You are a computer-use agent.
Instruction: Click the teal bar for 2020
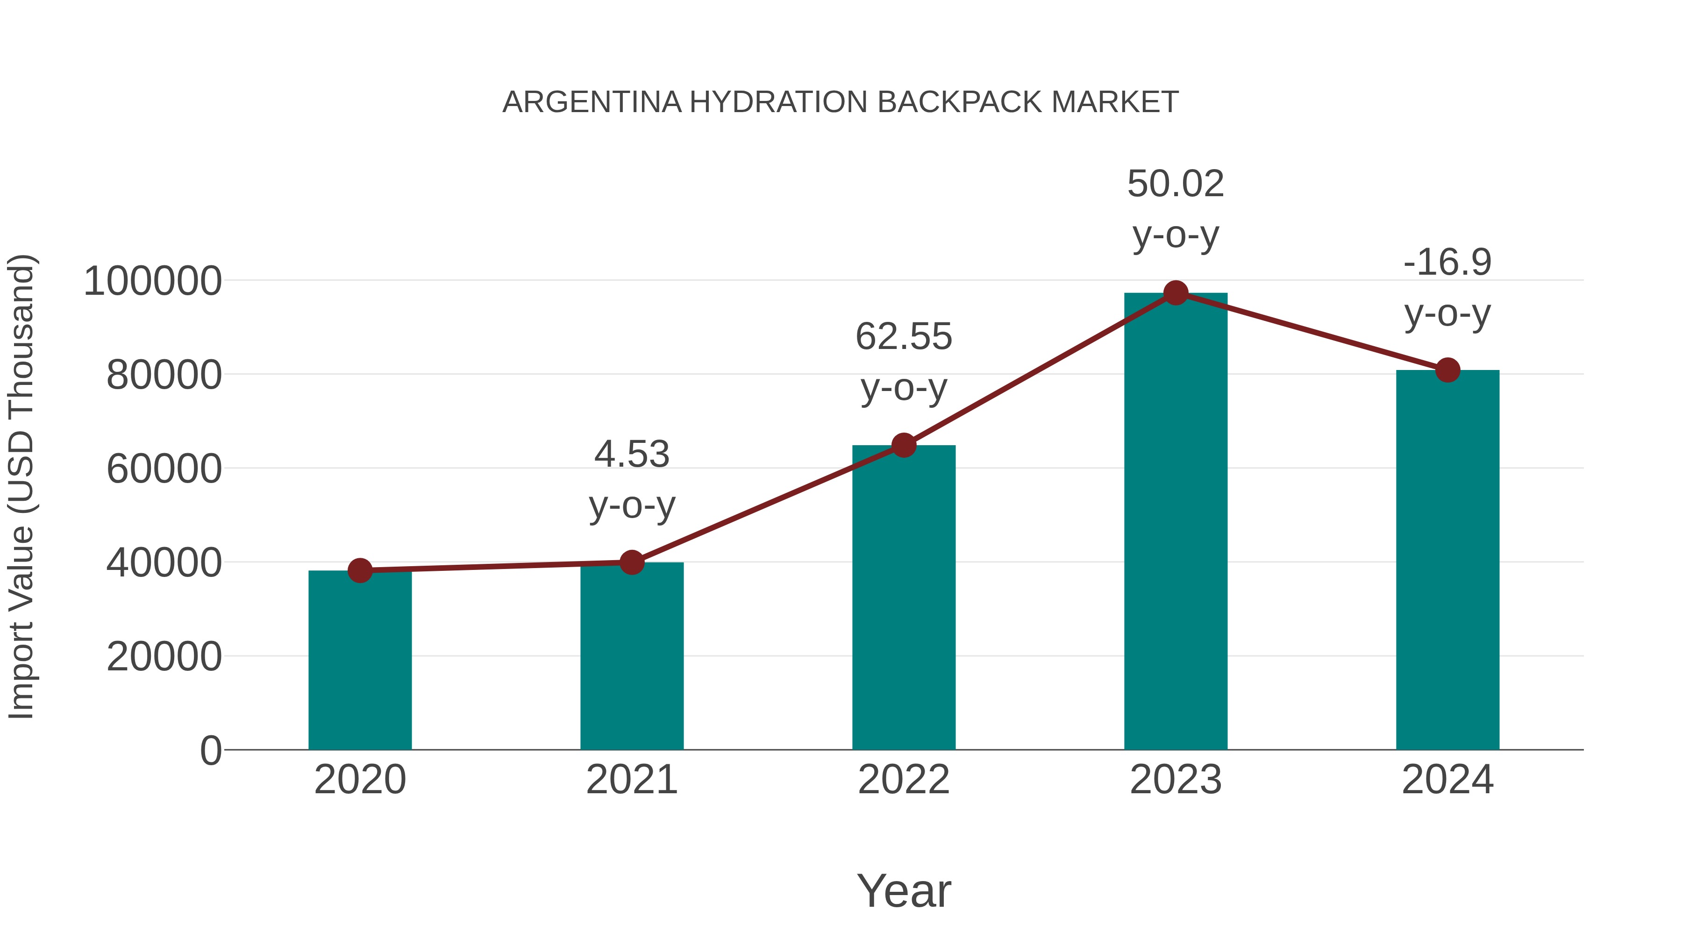click(x=360, y=659)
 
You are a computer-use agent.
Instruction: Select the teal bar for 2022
click(x=904, y=597)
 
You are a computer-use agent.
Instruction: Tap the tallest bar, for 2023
click(x=1176, y=522)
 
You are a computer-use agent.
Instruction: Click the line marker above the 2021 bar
click(x=631, y=562)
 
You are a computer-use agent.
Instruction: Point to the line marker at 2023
click(x=1176, y=293)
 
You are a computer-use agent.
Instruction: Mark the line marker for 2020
click(x=360, y=570)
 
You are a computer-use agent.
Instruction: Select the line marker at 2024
click(x=1447, y=370)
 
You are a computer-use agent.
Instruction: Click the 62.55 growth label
click(x=904, y=337)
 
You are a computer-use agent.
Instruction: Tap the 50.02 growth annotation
click(x=1176, y=184)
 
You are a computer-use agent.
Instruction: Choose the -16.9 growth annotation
click(x=1447, y=263)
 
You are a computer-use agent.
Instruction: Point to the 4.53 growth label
click(x=631, y=455)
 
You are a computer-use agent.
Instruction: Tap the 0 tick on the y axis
click(x=210, y=750)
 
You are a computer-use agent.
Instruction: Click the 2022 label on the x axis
click(x=904, y=780)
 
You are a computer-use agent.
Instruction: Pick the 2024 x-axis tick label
click(x=1447, y=780)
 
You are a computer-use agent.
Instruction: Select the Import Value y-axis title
click(x=21, y=486)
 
